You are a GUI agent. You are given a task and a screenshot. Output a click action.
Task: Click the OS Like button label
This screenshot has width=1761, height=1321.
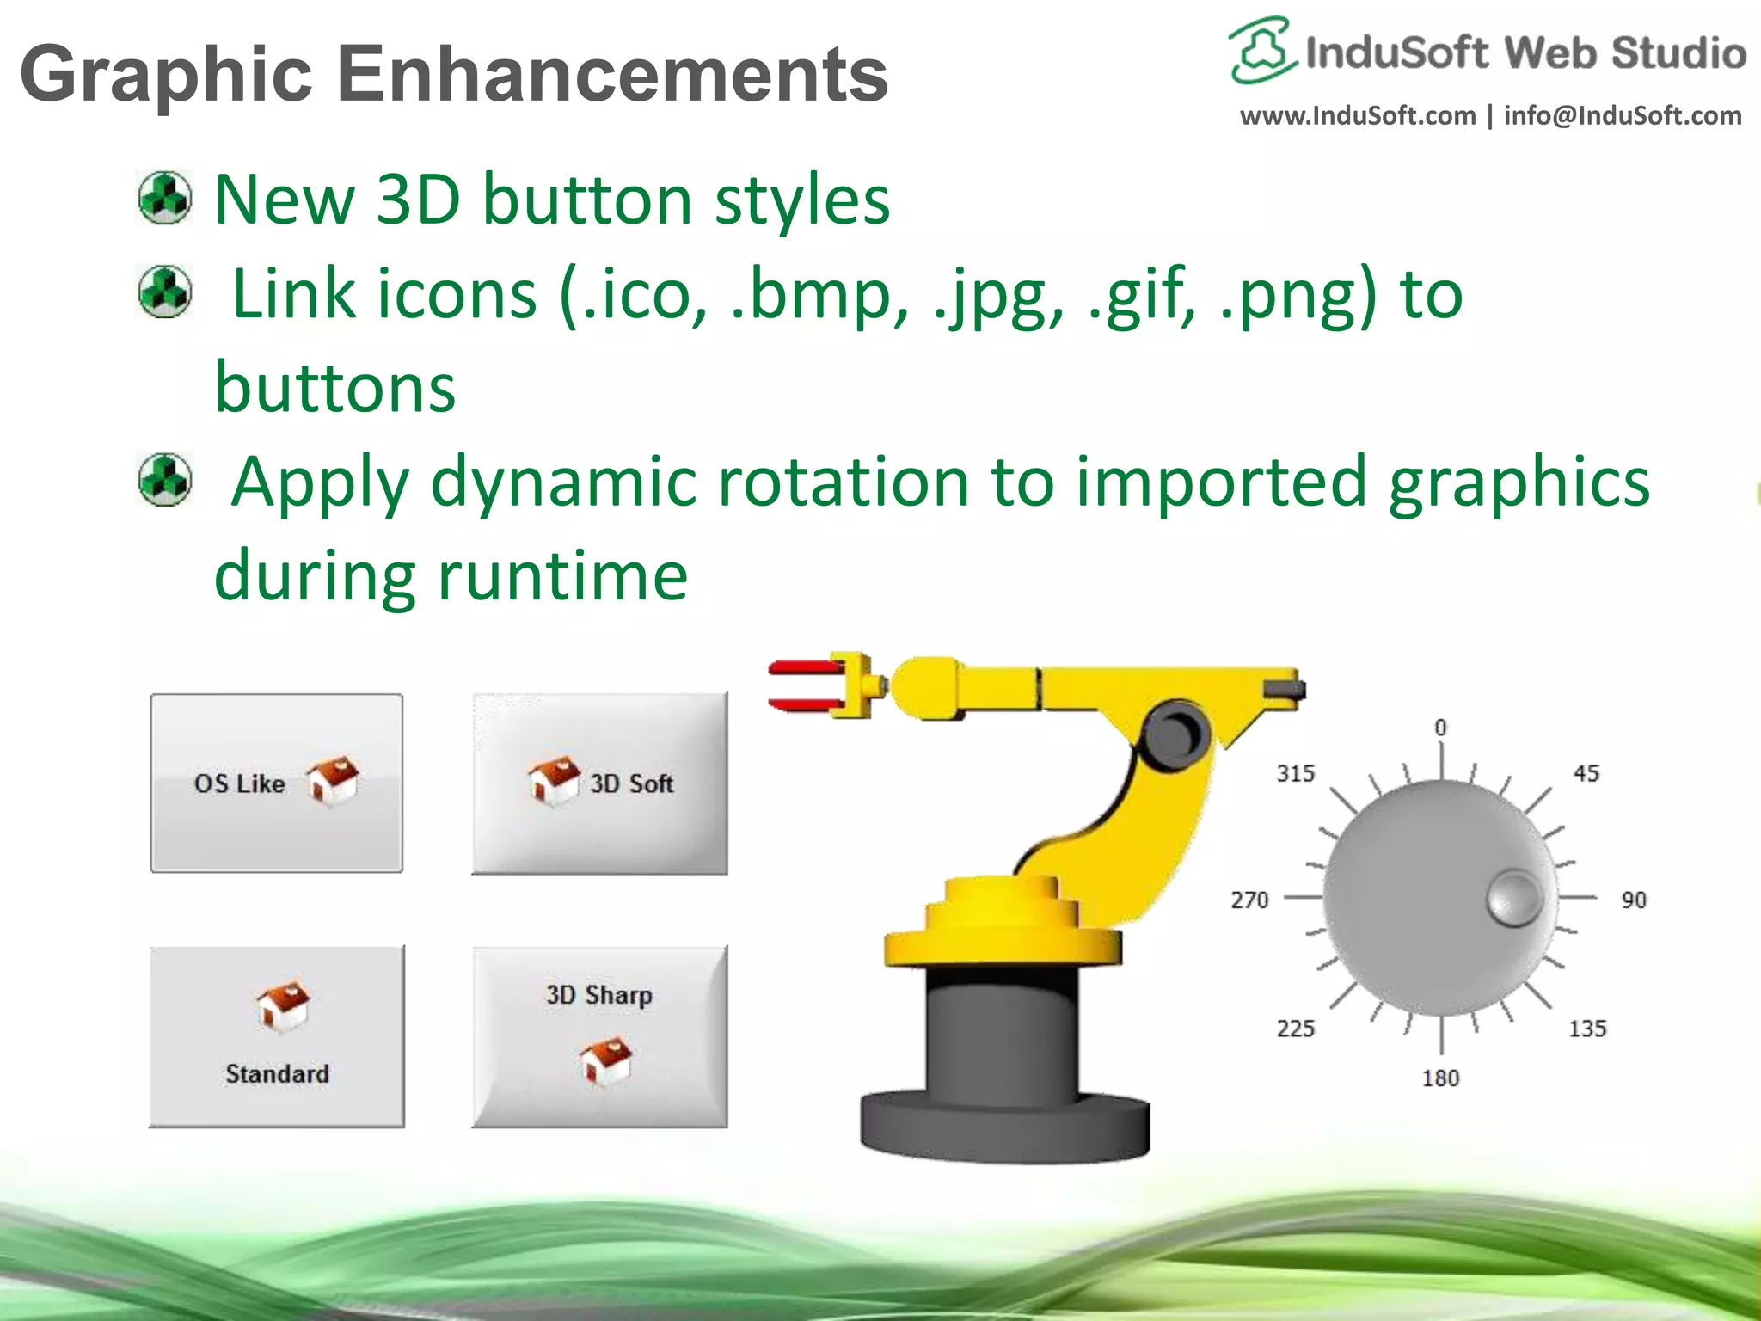239,783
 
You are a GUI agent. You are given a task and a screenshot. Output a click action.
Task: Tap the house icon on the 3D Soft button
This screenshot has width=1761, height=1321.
553,781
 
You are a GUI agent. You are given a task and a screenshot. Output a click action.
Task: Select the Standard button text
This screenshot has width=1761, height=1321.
277,1073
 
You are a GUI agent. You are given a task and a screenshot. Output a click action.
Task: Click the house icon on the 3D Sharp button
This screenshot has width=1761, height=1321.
605,1060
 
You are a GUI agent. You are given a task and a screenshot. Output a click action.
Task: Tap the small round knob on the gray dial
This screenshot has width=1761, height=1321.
1513,898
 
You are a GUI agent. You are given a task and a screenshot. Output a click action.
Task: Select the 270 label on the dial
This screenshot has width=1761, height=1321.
1249,900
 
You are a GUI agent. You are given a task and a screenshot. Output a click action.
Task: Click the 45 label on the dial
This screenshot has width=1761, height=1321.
1586,773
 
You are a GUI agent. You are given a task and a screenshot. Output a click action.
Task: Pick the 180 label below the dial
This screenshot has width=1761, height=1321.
1440,1078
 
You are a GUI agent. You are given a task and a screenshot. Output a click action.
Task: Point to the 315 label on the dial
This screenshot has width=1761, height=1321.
1295,773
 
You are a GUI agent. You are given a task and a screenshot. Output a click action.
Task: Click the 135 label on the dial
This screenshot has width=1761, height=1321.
1587,1029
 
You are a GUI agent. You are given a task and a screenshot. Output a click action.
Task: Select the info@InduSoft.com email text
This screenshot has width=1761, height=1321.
1622,115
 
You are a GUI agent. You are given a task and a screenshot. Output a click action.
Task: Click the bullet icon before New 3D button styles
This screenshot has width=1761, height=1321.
165,198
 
